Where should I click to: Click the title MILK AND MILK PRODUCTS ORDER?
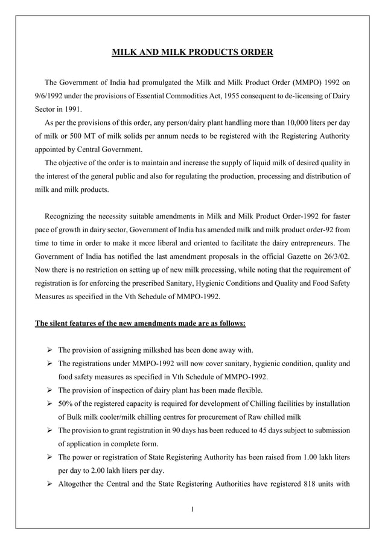[x=192, y=52]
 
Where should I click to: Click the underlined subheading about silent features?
[x=140, y=323]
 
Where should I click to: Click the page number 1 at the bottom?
[x=192, y=510]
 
